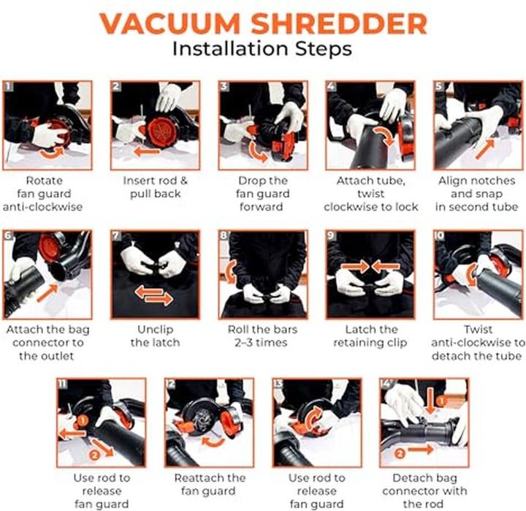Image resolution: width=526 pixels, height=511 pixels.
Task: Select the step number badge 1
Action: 9,86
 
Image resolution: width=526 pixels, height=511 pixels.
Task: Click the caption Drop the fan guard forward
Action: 263,193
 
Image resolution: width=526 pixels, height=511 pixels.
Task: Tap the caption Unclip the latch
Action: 156,336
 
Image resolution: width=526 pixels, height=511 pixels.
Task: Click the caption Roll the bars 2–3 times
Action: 263,336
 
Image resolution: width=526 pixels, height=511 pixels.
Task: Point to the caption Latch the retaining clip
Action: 370,336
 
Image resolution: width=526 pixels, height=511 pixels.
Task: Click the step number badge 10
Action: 441,236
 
